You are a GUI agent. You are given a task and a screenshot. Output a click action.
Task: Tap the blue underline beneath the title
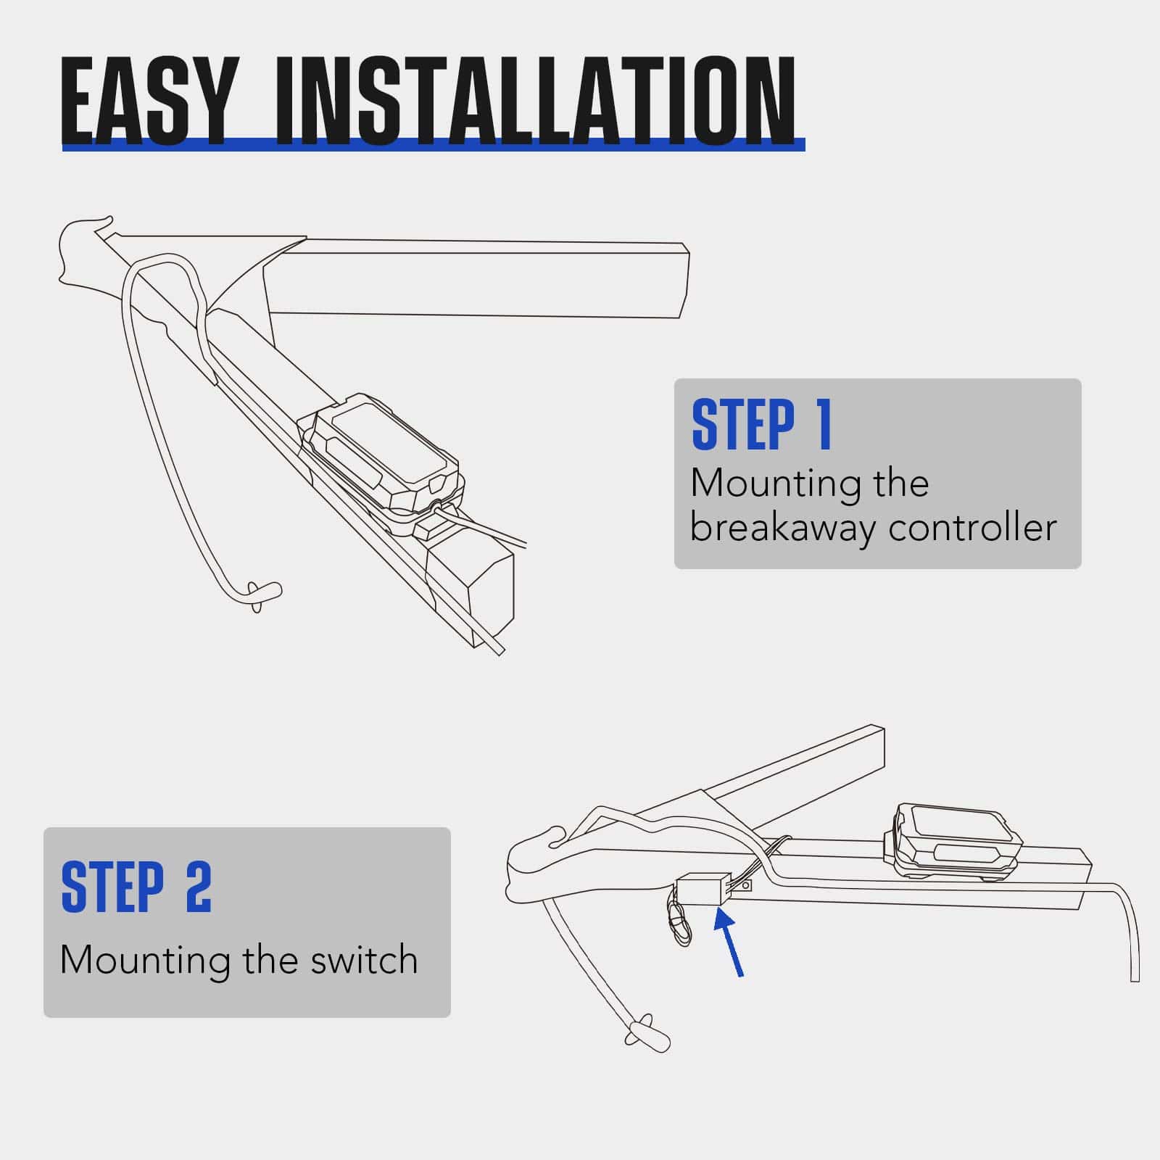[x=434, y=144]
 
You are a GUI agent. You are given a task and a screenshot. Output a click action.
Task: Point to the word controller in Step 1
[x=973, y=527]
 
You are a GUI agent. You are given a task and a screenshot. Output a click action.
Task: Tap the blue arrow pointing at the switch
[x=729, y=944]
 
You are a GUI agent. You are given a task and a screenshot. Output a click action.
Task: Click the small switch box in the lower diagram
[x=700, y=888]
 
